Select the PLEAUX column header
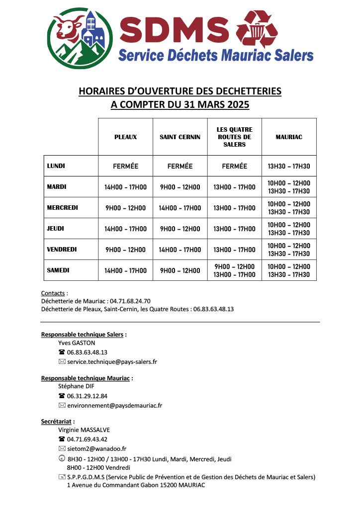coord(125,137)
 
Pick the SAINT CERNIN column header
coord(180,137)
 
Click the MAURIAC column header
coord(289,137)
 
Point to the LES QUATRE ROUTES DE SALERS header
coord(234,137)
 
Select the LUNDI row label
coord(56,166)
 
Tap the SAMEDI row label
coord(58,270)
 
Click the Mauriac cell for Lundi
coord(289,167)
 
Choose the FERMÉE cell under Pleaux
coord(125,167)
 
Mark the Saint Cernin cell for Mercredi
coord(180,208)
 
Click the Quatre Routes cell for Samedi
coord(234,271)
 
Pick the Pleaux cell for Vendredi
coord(125,250)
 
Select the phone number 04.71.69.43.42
coord(87,439)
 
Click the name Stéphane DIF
coord(76,386)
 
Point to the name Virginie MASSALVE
coord(84,430)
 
